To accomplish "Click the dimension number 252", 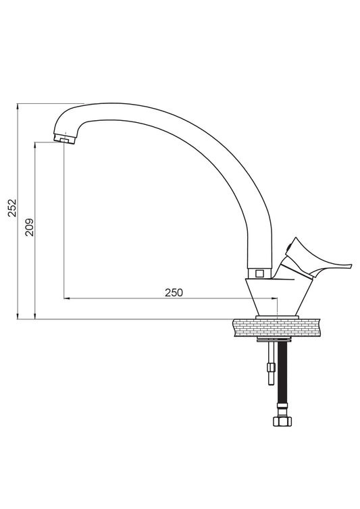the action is point(12,208).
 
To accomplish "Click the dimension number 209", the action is point(30,227).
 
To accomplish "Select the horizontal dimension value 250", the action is point(174,292).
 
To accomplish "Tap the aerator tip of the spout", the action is point(64,139).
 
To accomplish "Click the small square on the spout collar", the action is point(259,273).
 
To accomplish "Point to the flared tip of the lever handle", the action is point(349,266).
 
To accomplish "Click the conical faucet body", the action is point(277,296).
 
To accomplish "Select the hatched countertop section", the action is point(277,327).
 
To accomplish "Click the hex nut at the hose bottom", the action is point(282,421).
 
